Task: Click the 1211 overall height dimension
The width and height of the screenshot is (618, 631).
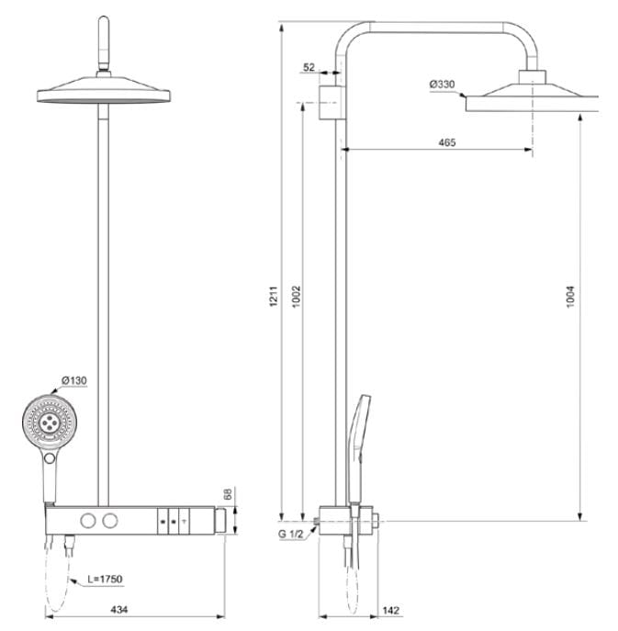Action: pyautogui.click(x=273, y=297)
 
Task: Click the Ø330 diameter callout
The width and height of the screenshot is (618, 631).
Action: pyautogui.click(x=441, y=85)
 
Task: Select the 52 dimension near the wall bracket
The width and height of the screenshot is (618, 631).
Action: pyautogui.click(x=309, y=67)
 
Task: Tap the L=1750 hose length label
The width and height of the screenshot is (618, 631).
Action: pyautogui.click(x=106, y=579)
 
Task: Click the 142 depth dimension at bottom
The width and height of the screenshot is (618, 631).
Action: pyautogui.click(x=389, y=609)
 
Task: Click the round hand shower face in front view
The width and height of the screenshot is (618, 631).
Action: pyautogui.click(x=46, y=423)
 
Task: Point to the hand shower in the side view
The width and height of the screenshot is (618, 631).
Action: pyautogui.click(x=358, y=432)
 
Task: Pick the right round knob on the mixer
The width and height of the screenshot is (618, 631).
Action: pyautogui.click(x=112, y=522)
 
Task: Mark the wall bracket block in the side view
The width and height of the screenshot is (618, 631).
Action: pyautogui.click(x=331, y=101)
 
